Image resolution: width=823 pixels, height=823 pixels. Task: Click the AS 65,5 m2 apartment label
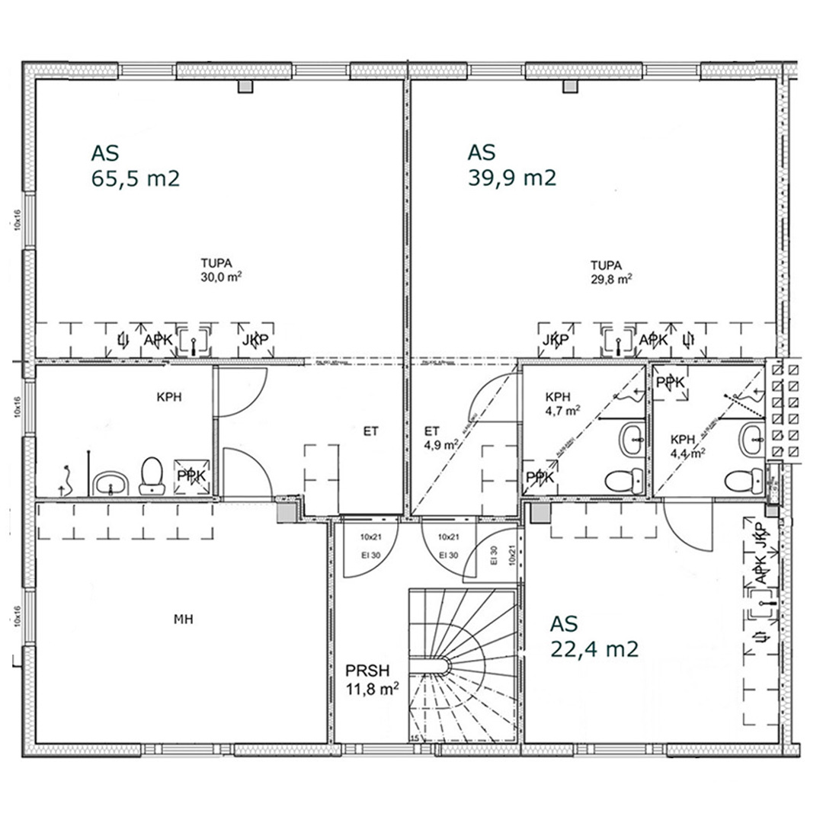[x=135, y=165]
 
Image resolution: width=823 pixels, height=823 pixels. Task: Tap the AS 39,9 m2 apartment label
[x=511, y=165]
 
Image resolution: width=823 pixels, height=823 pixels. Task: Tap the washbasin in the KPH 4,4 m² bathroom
[x=751, y=439]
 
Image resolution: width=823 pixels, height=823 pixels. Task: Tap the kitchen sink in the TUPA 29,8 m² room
[x=615, y=341]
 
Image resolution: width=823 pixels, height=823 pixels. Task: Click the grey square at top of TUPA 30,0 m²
[x=245, y=86]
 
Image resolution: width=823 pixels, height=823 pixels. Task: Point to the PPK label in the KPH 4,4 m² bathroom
[x=670, y=383]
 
